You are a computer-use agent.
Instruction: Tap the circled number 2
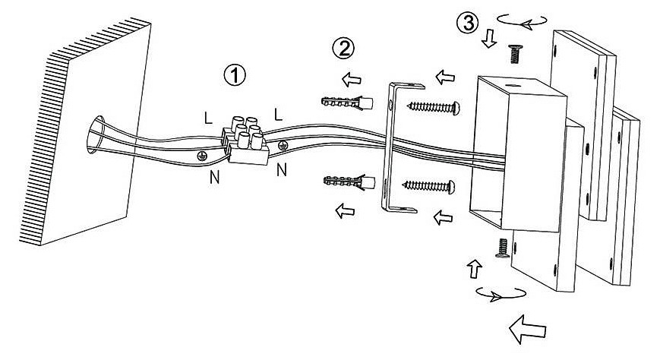click(343, 49)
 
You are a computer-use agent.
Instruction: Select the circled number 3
click(467, 23)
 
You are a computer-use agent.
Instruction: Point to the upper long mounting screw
click(434, 107)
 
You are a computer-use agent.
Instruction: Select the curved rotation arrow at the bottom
click(497, 293)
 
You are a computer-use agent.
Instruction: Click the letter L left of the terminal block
click(207, 118)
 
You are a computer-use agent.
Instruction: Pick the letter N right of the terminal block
click(282, 169)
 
